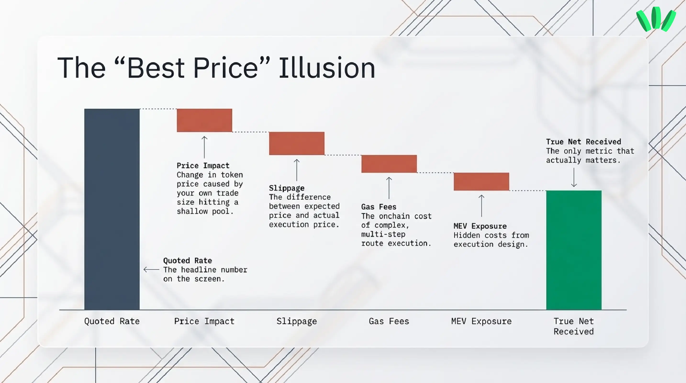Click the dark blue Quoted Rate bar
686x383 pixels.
pyautogui.click(x=112, y=209)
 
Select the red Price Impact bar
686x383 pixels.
pyautogui.click(x=205, y=120)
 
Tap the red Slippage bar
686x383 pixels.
pyautogui.click(x=297, y=143)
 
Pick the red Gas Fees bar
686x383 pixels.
pyautogui.click(x=389, y=164)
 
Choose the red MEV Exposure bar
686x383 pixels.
pyautogui.click(x=481, y=181)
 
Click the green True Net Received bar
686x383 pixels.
pyautogui.click(x=574, y=250)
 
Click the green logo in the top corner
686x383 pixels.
pyautogui.click(x=656, y=19)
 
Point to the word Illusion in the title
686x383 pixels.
pyautogui.click(x=327, y=68)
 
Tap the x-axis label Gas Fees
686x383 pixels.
pyautogui.click(x=389, y=321)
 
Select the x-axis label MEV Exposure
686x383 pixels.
pyautogui.click(x=481, y=321)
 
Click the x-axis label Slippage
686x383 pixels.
pyautogui.click(x=297, y=321)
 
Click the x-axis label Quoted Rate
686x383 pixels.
pyautogui.click(x=112, y=321)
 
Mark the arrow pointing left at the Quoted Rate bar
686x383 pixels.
pyautogui.click(x=151, y=270)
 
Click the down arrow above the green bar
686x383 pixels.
pyautogui.click(x=574, y=177)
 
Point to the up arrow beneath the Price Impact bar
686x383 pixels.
pyautogui.click(x=205, y=147)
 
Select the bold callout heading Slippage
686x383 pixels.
pyautogui.click(x=287, y=188)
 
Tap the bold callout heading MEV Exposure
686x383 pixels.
pyautogui.click(x=480, y=226)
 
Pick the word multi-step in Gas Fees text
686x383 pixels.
pyautogui.click(x=383, y=234)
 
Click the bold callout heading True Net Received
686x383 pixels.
pyautogui.click(x=583, y=142)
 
